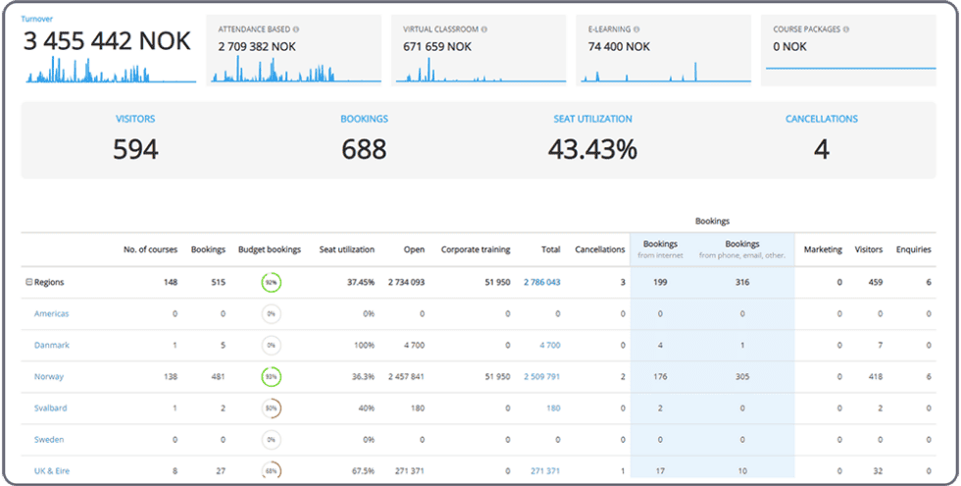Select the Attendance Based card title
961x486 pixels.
(253, 29)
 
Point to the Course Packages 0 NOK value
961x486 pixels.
(791, 46)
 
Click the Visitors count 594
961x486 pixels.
(134, 149)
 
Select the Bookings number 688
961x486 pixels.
(364, 149)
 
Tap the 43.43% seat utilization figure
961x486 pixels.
(592, 149)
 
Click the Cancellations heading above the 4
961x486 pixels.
(821, 119)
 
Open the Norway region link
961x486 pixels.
(48, 376)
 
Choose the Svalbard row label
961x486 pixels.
(50, 407)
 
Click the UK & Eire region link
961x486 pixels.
(52, 470)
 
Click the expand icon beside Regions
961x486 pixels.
(28, 282)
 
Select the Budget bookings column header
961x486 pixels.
(270, 249)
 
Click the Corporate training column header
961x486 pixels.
(475, 249)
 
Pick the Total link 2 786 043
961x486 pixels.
(541, 282)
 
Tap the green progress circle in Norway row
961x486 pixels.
(271, 376)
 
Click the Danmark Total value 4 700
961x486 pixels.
(549, 345)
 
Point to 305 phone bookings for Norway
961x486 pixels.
(742, 376)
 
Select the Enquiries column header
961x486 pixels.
(913, 249)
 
